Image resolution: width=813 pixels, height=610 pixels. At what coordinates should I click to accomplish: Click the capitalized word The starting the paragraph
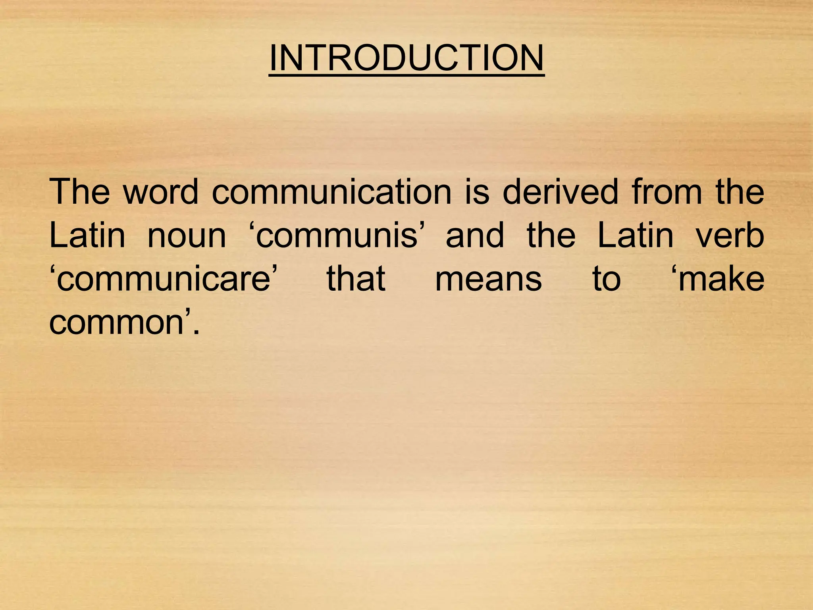coord(79,192)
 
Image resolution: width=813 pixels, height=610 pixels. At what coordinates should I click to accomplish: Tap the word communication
coord(331,192)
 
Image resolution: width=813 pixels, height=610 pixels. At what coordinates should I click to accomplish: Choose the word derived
coord(560,192)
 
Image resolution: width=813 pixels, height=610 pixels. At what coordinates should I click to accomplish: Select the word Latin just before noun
coord(87,235)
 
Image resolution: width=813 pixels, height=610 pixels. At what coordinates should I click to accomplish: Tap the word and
coord(475,235)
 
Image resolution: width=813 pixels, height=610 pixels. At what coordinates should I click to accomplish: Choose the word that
coord(356,278)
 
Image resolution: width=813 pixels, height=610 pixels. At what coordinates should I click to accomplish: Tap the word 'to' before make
coord(606,279)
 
